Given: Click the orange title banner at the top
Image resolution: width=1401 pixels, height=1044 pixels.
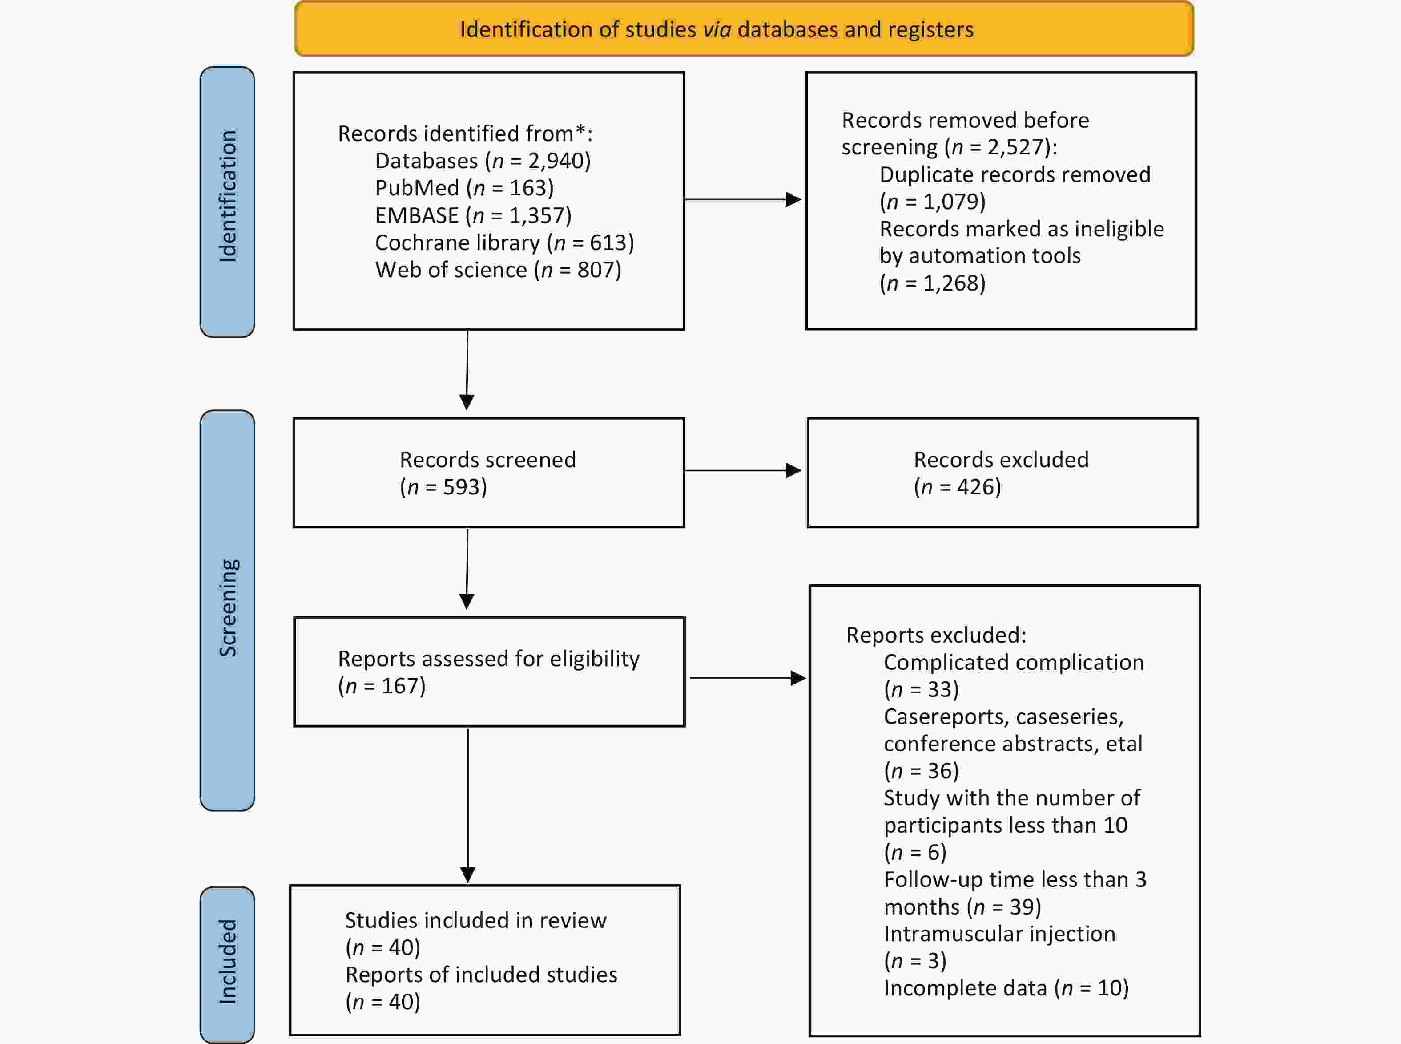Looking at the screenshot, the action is tap(744, 29).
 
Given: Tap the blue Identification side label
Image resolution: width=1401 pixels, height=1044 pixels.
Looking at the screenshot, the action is tap(227, 202).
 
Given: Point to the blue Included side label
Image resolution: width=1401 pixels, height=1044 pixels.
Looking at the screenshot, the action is tap(227, 964).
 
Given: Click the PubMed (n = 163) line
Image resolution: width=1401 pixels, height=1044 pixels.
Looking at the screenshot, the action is tap(464, 188).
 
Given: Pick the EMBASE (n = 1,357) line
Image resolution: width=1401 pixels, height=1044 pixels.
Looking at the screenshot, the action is tap(473, 215).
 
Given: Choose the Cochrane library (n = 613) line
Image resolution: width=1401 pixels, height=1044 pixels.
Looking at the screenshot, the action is tap(505, 243).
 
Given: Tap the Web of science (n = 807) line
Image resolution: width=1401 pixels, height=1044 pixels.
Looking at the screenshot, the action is tap(499, 270).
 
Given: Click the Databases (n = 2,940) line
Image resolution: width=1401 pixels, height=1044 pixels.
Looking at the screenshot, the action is tap(483, 161).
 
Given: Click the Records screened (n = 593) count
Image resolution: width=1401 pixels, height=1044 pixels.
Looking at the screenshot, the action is tap(443, 486).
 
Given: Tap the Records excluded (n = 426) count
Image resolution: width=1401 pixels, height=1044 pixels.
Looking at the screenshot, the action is tap(958, 486).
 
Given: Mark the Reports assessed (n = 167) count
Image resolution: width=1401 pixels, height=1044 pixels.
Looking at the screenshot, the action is tap(382, 686).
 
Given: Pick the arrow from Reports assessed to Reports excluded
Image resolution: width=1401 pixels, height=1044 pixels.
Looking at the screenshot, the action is tap(749, 678).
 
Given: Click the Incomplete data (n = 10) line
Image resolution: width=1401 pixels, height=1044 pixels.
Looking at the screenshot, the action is tap(1006, 988).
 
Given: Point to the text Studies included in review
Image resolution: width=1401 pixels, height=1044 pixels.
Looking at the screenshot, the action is tap(475, 921).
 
